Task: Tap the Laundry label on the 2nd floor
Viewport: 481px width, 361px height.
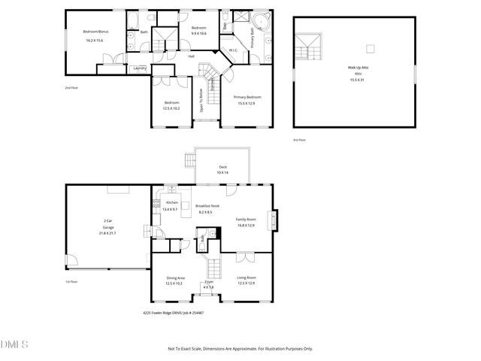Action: (x=139, y=68)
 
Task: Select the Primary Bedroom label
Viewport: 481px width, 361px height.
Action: (x=247, y=97)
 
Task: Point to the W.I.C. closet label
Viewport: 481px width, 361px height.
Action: (x=234, y=51)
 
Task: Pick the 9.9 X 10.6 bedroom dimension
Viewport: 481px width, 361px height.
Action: (x=198, y=33)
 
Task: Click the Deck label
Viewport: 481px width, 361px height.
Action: (x=222, y=167)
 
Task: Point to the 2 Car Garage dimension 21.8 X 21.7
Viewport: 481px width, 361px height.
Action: (x=107, y=233)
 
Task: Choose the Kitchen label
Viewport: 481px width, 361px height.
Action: (x=172, y=203)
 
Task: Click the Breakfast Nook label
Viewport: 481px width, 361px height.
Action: (x=207, y=205)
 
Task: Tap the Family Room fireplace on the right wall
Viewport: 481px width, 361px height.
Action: (x=274, y=220)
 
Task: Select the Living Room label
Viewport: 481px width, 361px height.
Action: (x=247, y=278)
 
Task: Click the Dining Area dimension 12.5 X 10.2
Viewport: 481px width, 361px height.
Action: (x=175, y=284)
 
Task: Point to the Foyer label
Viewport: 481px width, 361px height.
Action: (x=208, y=281)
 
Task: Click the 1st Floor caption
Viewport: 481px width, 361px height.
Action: (x=71, y=281)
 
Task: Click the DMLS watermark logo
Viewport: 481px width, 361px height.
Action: (x=14, y=344)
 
